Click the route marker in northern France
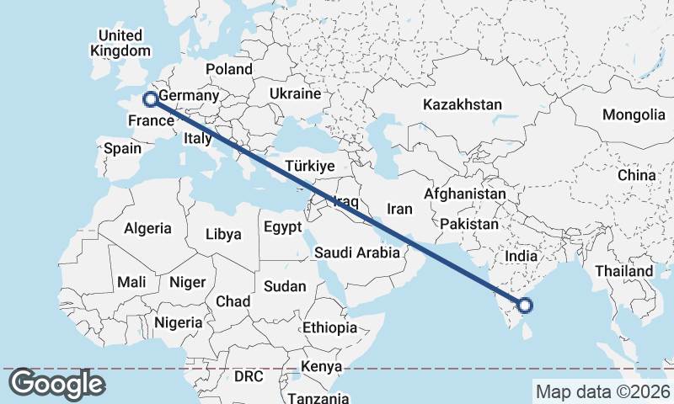click(150, 99)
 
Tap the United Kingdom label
click(120, 43)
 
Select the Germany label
click(188, 96)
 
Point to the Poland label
click(228, 69)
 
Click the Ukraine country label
click(296, 93)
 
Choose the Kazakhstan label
click(463, 105)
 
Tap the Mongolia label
click(634, 114)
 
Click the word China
click(636, 175)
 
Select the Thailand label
click(624, 271)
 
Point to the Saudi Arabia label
click(356, 252)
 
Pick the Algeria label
click(148, 228)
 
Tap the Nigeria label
click(178, 322)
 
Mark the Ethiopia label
click(329, 327)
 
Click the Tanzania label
click(318, 398)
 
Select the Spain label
click(122, 149)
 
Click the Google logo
click(56, 384)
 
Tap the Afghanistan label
click(465, 194)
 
